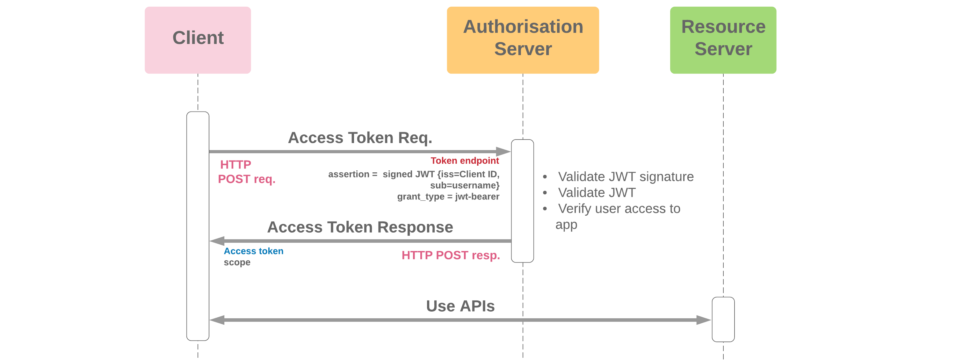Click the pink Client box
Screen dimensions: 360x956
point(198,40)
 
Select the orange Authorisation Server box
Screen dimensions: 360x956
point(523,40)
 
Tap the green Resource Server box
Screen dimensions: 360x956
point(723,40)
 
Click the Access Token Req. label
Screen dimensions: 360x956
point(360,138)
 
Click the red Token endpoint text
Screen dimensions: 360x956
point(465,161)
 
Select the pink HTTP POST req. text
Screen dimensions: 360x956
point(246,172)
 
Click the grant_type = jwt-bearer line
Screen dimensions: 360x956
point(448,197)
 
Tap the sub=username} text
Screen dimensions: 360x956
point(465,185)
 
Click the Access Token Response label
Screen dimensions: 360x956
point(360,227)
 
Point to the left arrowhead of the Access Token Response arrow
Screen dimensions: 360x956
point(217,241)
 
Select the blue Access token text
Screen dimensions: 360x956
point(253,251)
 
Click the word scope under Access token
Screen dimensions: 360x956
point(237,263)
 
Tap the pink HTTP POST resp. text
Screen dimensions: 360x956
point(451,255)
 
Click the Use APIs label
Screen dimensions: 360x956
point(460,306)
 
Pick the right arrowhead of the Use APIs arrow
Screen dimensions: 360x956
point(704,320)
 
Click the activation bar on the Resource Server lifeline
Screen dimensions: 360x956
point(723,319)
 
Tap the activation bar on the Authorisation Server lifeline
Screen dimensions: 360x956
point(522,201)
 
